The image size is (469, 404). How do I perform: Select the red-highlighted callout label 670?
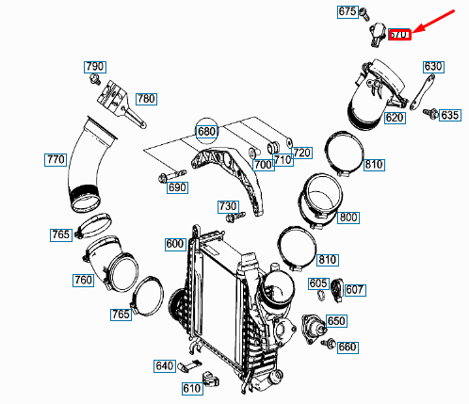(x=400, y=35)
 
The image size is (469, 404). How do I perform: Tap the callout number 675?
(x=348, y=12)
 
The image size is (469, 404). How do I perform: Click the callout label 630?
(x=432, y=67)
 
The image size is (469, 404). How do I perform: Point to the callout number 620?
(x=395, y=119)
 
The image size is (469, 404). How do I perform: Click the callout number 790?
(x=95, y=67)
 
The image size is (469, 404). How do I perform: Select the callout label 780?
(x=146, y=98)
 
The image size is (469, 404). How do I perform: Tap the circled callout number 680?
(x=207, y=131)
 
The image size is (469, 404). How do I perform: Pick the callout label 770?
(x=56, y=160)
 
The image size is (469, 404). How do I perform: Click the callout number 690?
(x=177, y=187)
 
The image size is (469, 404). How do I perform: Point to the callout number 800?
(x=348, y=218)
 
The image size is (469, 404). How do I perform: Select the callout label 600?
(x=175, y=244)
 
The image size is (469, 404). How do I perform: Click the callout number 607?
(x=354, y=289)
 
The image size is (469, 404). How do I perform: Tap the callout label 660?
(x=348, y=347)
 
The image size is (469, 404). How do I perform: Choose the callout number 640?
(x=164, y=365)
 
